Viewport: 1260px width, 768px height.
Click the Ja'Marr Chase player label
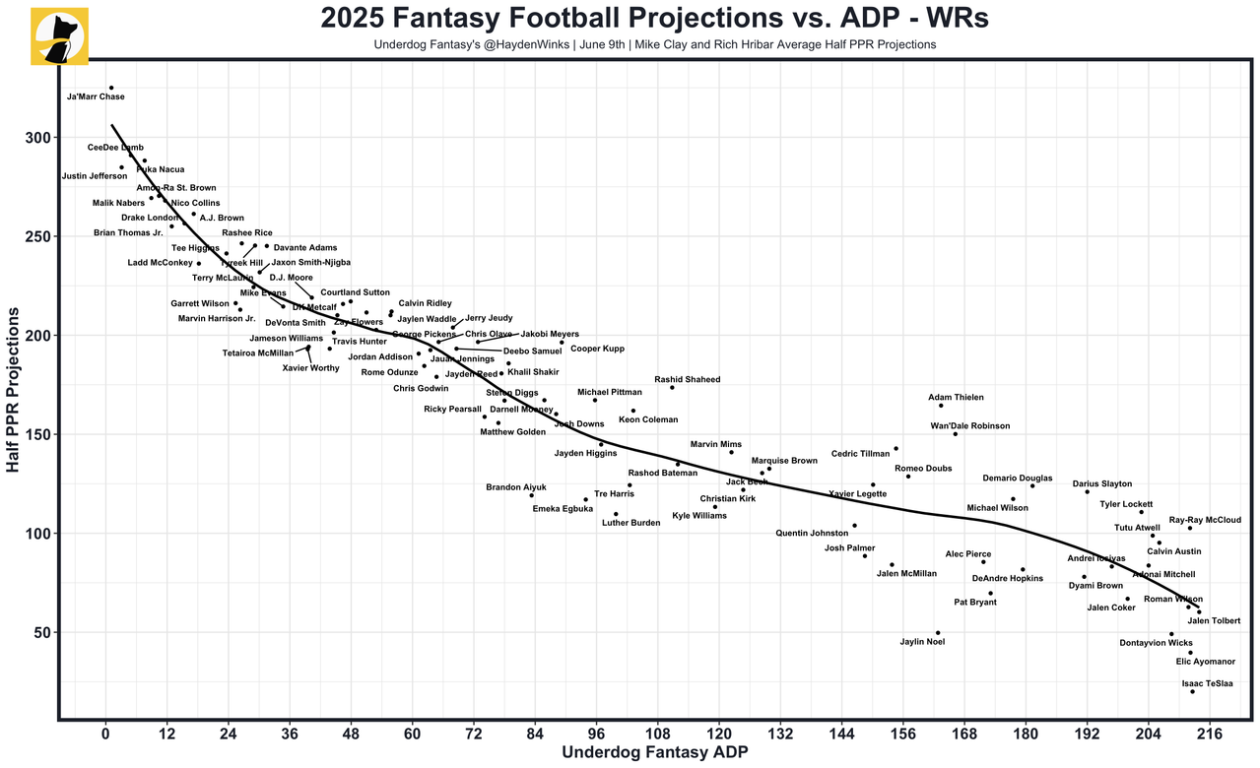[x=96, y=96]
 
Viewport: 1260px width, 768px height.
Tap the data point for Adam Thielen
[x=941, y=406]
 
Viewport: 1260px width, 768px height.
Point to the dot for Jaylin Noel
[x=938, y=633]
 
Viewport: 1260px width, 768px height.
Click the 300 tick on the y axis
[x=37, y=138]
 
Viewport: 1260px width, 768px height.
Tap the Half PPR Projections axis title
[x=13, y=389]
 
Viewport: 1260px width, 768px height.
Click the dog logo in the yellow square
[x=59, y=36]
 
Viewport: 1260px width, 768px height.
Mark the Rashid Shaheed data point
[x=672, y=387]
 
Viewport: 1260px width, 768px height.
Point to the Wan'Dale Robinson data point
[x=955, y=434]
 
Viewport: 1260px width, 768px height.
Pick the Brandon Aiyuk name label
[x=516, y=487]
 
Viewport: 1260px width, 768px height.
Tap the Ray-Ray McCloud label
[x=1205, y=520]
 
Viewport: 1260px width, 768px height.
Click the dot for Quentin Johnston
[x=854, y=526]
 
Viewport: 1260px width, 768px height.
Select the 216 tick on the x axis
[x=1210, y=734]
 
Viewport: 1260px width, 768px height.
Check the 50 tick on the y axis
[x=41, y=632]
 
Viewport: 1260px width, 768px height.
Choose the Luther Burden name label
[x=630, y=523]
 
